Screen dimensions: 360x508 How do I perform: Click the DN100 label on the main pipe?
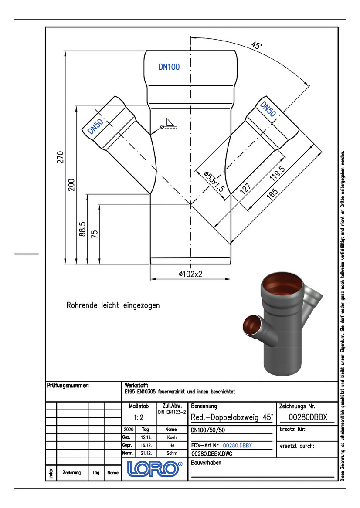(169, 67)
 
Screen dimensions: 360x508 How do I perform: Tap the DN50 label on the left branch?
(95, 126)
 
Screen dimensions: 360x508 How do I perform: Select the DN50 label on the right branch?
(268, 109)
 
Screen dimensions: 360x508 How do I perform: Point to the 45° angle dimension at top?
(256, 45)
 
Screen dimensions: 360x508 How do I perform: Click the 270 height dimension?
(61, 157)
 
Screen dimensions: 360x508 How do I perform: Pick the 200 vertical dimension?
(71, 185)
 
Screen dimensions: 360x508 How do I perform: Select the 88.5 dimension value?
(83, 229)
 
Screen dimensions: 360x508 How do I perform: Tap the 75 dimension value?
(94, 234)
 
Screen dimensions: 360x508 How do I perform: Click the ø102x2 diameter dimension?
(190, 274)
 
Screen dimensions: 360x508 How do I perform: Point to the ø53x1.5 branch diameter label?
(214, 181)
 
